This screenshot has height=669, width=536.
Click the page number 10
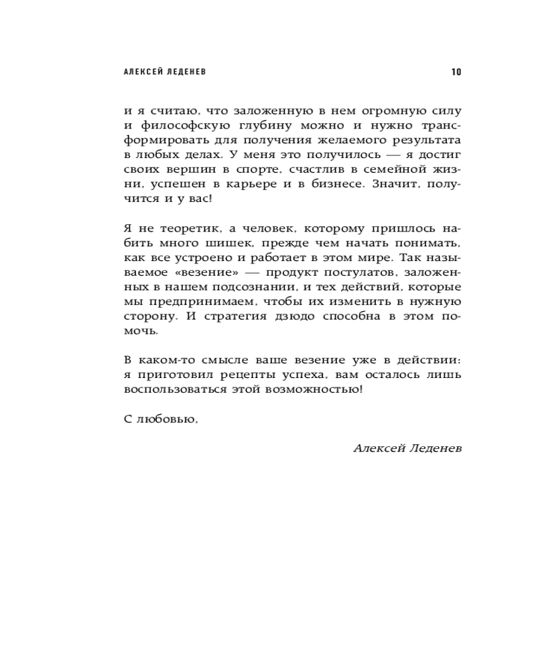[456, 72]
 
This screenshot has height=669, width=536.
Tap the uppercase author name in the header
[165, 72]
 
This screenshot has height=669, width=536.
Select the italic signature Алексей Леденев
[407, 448]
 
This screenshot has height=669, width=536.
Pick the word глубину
[256, 126]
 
